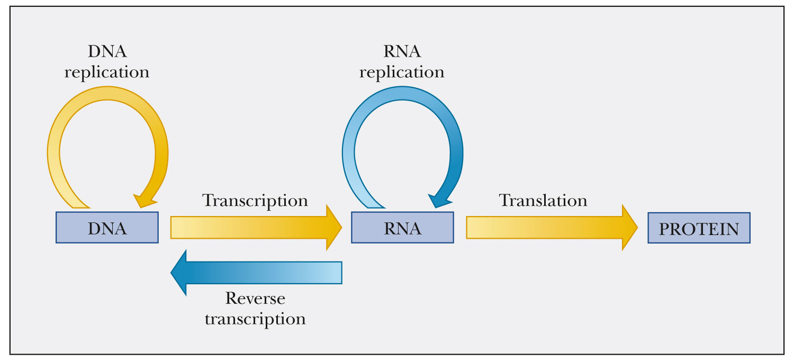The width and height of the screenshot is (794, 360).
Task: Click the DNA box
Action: click(107, 228)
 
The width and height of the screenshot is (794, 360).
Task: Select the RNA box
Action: click(402, 228)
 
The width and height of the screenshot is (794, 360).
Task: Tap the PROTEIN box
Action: click(699, 228)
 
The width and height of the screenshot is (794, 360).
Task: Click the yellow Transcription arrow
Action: click(249, 228)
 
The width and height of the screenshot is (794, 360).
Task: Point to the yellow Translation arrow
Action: click(545, 228)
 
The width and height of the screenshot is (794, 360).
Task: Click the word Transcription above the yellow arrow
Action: click(255, 201)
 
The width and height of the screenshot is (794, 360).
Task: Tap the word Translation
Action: click(543, 201)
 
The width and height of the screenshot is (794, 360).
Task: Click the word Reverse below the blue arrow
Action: click(255, 299)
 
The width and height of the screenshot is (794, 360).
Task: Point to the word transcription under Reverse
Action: click(255, 319)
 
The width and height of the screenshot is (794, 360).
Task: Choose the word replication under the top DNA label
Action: click(107, 71)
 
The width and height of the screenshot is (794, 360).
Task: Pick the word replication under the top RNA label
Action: click(402, 71)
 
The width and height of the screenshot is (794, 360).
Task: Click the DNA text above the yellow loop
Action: click(107, 52)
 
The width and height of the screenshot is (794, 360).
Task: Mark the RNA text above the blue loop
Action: click(402, 52)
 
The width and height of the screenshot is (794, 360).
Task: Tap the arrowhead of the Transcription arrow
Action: click(332, 228)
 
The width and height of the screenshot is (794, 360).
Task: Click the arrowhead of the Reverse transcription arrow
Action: click(180, 273)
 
